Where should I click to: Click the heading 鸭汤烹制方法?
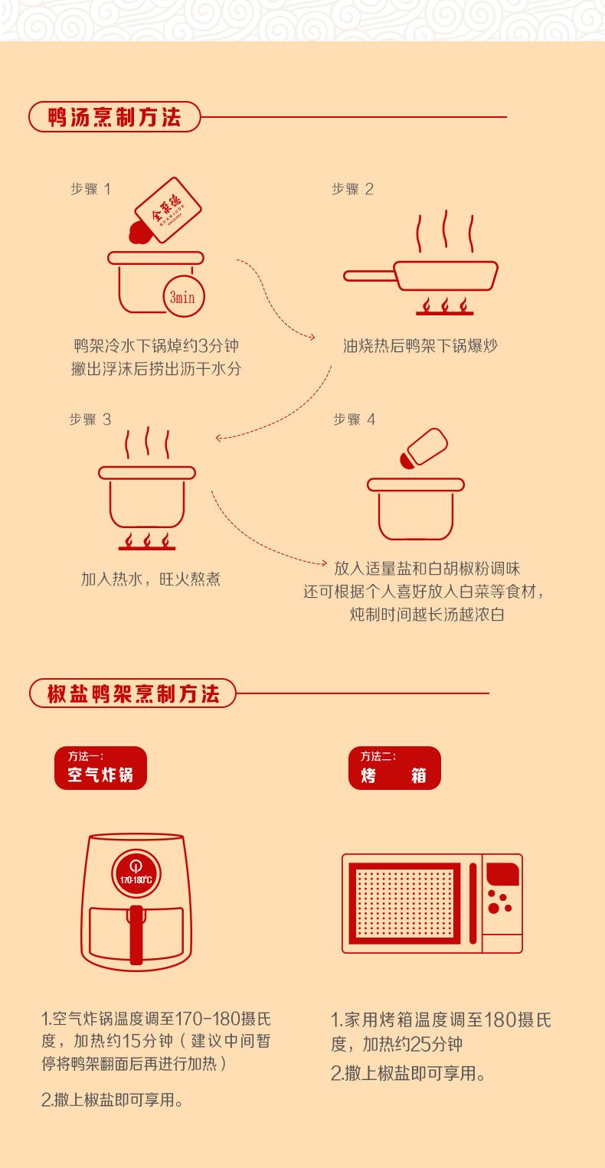[x=114, y=117]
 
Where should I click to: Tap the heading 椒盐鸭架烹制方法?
[x=133, y=693]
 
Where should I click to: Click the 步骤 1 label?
[x=90, y=189]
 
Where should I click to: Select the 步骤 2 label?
[x=352, y=189]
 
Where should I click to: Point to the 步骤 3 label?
[x=90, y=419]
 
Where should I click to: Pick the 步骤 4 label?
[x=354, y=419]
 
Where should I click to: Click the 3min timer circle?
[x=183, y=296]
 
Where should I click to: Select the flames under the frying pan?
[x=444, y=306]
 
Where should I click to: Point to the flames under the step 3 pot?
[x=147, y=541]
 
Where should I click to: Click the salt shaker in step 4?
[x=423, y=449]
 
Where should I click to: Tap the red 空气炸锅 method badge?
[x=100, y=768]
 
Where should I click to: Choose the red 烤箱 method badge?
[x=394, y=768]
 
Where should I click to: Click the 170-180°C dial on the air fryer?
[x=136, y=873]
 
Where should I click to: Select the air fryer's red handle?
[x=136, y=935]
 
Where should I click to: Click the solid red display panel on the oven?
[x=503, y=874]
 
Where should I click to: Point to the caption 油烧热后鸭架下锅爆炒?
[x=420, y=346]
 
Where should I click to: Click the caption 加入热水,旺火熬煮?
[x=151, y=579]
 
